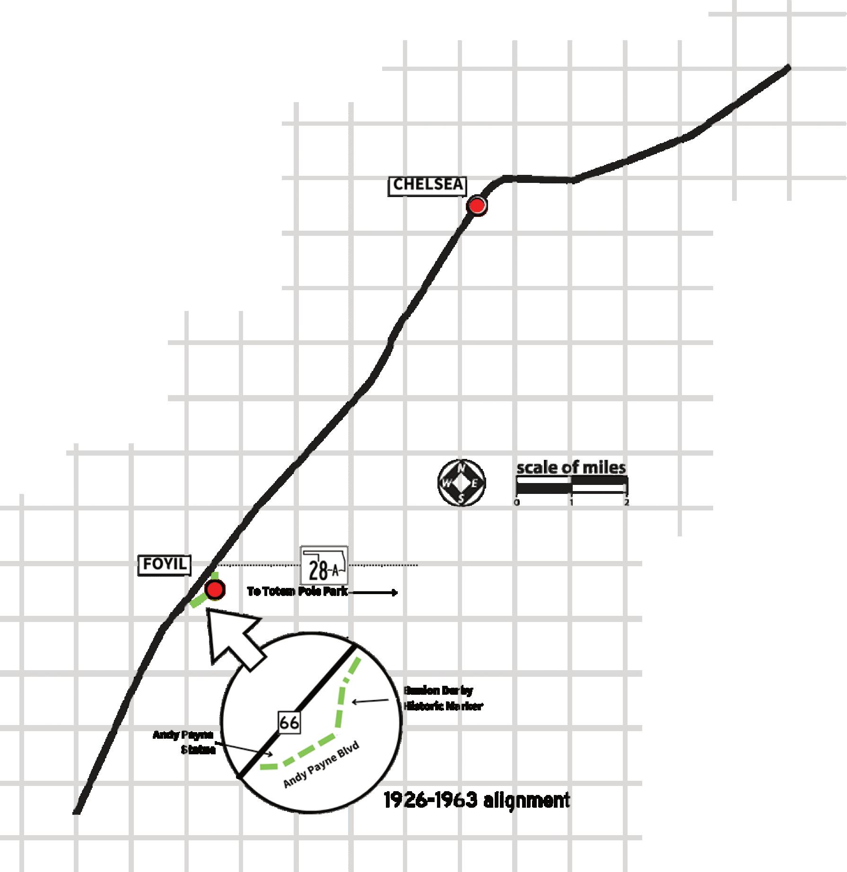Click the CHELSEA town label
(427, 186)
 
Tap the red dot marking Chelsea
(477, 206)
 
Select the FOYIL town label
(165, 565)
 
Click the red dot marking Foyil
(215, 590)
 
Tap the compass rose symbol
(462, 483)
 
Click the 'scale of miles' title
(571, 468)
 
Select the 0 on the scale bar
(517, 503)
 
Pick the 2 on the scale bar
(626, 503)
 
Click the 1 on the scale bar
(571, 503)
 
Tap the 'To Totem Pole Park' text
(297, 591)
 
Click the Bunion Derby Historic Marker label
(443, 698)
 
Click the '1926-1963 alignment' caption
(476, 801)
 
